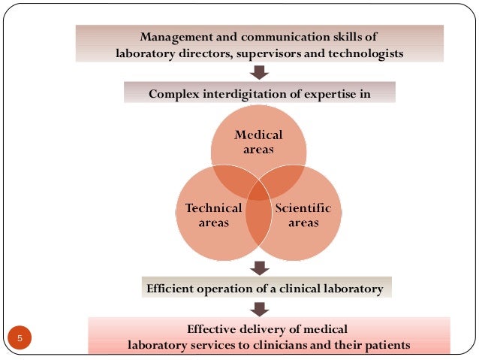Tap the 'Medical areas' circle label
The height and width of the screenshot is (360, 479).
pos(258,142)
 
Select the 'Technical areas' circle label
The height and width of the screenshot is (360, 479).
pos(213,215)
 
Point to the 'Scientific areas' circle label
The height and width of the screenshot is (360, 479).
pos(304,215)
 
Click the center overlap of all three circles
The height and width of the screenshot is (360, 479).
pos(258,192)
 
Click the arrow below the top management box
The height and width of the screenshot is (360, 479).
pos(259,72)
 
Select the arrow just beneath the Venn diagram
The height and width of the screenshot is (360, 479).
pos(259,267)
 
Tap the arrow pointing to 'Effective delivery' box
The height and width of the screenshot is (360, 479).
pos(259,307)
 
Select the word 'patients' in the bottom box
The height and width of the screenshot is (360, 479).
pos(385,346)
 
